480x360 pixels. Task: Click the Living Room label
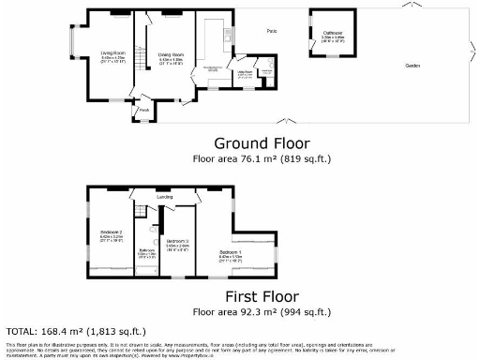(x=113, y=53)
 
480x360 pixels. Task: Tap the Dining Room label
(x=170, y=53)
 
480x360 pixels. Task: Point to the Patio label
(x=271, y=32)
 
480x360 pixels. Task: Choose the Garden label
(x=412, y=66)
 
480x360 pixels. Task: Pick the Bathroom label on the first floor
(x=147, y=250)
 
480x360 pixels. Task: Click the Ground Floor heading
(x=258, y=143)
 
